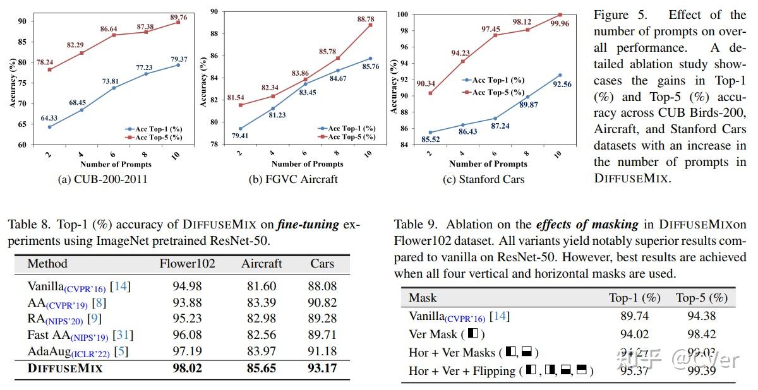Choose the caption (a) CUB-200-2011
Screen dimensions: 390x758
click(102, 179)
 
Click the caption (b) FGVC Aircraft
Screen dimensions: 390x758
click(293, 179)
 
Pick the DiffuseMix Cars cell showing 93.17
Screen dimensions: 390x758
click(323, 368)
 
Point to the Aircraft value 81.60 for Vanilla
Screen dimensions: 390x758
click(262, 287)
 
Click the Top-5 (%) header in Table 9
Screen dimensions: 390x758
click(701, 297)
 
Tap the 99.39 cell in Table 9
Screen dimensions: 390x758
click(701, 370)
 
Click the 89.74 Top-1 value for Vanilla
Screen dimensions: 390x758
click(634, 316)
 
